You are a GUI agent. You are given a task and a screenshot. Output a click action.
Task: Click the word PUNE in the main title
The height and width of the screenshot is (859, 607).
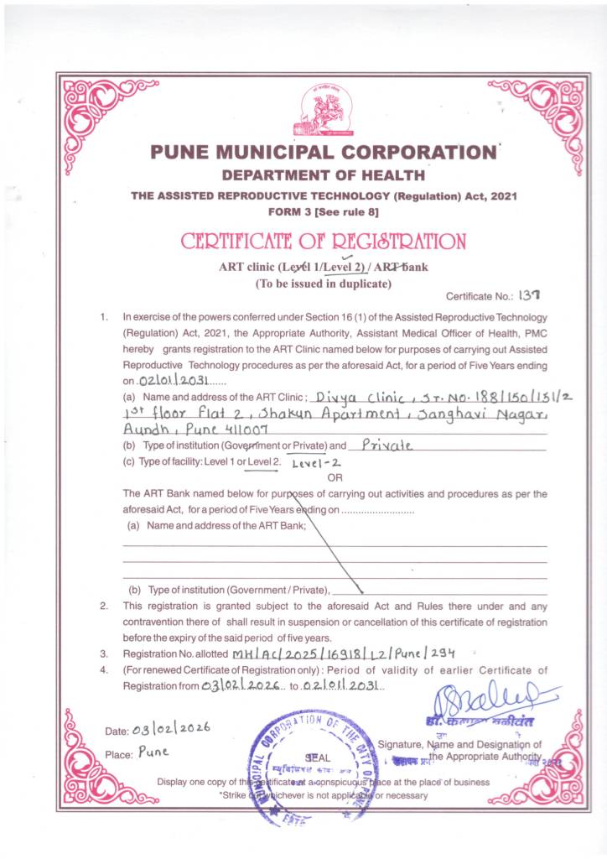183,154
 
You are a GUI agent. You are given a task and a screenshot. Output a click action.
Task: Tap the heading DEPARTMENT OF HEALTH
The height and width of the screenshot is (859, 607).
323,175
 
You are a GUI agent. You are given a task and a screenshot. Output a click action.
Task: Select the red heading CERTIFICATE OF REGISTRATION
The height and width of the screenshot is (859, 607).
323,242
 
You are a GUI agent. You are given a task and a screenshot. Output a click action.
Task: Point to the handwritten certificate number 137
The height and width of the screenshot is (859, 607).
531,295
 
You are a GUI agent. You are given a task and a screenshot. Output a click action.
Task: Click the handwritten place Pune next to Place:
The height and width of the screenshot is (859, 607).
153,752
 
